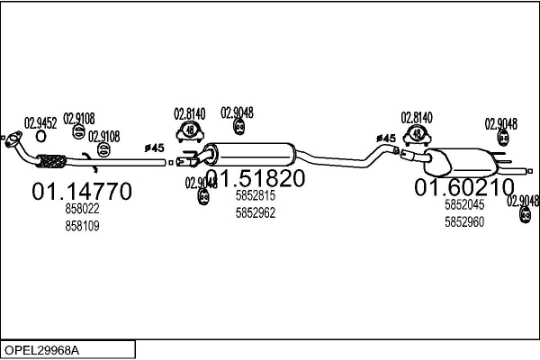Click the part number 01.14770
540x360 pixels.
[82, 191]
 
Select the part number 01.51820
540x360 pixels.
[255, 178]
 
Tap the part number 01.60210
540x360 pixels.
[463, 187]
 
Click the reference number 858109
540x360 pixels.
[82, 226]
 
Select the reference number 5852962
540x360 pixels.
[255, 213]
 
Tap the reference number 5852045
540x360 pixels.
[464, 205]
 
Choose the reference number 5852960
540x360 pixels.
[464, 221]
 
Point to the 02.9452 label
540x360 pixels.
[40, 123]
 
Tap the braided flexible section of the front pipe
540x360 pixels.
[49, 162]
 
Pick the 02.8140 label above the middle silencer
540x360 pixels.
[189, 113]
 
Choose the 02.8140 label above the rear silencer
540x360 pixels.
[417, 117]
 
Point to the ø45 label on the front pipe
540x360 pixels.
[154, 147]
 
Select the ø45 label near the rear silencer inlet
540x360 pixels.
[385, 138]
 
